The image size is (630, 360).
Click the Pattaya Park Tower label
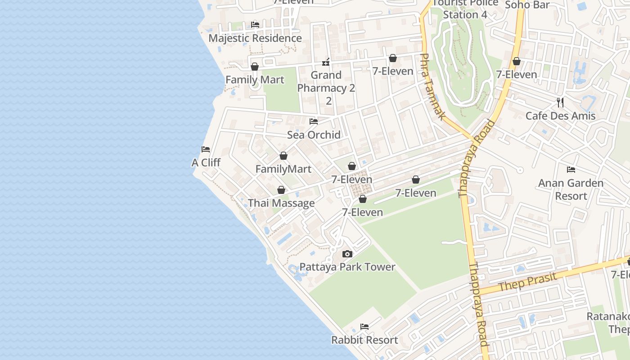(347, 267)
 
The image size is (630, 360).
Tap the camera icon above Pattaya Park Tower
(347, 254)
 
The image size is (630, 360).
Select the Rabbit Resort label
(364, 340)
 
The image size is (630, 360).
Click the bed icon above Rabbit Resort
(364, 326)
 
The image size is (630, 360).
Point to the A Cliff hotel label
(206, 162)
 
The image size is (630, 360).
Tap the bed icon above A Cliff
(206, 149)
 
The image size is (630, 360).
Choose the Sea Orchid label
(314, 135)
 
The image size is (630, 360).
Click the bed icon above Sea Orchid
(314, 121)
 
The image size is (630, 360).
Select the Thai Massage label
(281, 203)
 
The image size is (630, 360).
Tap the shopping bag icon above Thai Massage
(281, 190)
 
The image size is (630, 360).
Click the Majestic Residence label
(255, 38)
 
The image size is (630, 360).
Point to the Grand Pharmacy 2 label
(326, 88)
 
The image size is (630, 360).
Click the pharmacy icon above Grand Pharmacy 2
(326, 62)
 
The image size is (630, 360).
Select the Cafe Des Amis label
(560, 116)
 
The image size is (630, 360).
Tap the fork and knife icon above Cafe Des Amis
(560, 102)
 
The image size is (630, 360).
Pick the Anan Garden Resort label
(571, 189)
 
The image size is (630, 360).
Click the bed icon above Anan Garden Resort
(571, 170)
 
